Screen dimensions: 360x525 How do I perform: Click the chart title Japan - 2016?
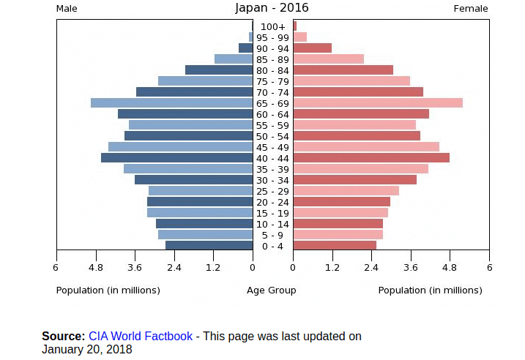272,8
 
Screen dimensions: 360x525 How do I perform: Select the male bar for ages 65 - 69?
171,103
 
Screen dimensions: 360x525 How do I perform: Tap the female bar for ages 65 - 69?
378,103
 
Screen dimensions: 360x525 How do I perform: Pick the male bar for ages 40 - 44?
176,158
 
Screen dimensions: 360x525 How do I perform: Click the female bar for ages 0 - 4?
335,246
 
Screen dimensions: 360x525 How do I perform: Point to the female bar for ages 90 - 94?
313,48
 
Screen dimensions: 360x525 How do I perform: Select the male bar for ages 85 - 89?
234,59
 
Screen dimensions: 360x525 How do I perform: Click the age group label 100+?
272,27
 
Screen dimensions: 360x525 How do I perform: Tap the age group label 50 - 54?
272,136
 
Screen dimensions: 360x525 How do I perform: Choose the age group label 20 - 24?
272,202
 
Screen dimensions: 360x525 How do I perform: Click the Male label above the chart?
67,9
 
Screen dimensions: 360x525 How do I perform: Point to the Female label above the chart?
471,9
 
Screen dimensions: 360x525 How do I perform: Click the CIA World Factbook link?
141,337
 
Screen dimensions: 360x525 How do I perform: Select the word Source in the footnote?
64,337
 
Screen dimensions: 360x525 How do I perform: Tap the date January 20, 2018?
86,350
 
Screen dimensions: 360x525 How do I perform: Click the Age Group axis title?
272,290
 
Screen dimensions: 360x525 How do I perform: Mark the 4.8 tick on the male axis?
96,268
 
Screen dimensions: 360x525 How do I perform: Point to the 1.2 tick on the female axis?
332,268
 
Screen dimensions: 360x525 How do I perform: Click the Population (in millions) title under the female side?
430,290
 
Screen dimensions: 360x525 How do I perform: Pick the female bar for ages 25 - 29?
346,191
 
